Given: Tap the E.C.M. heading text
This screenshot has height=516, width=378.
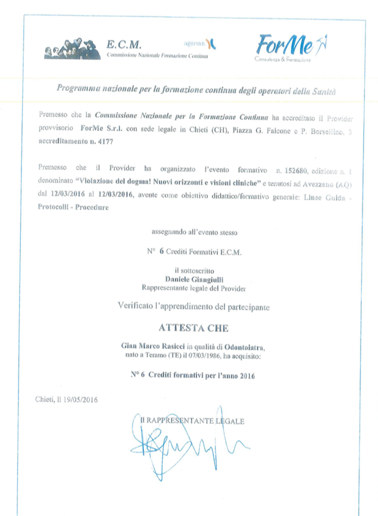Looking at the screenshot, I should tap(124, 44).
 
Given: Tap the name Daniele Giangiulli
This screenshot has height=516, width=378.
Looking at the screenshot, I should tap(194, 277).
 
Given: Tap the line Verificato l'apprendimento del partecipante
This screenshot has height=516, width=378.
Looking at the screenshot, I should tap(193, 304).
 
